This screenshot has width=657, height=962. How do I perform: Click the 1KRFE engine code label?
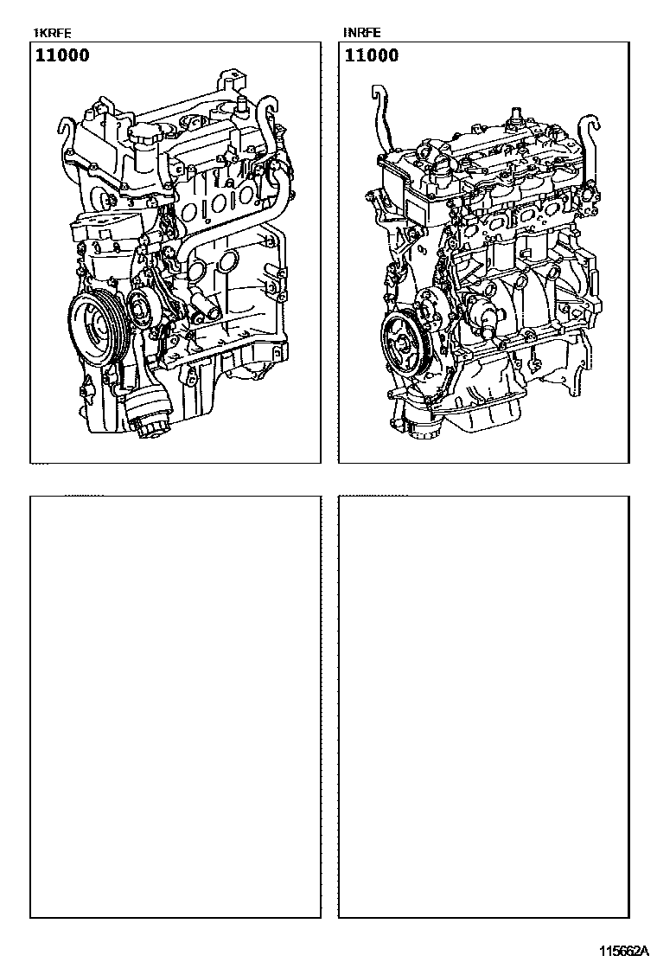[52, 33]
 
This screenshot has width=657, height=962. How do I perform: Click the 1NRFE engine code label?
[361, 33]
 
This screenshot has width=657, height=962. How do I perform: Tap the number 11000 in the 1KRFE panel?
[62, 55]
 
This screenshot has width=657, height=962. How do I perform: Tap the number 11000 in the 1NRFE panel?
[372, 55]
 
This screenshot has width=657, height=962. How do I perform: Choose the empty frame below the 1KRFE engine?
[175, 707]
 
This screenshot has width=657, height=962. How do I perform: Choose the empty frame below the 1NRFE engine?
[484, 707]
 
